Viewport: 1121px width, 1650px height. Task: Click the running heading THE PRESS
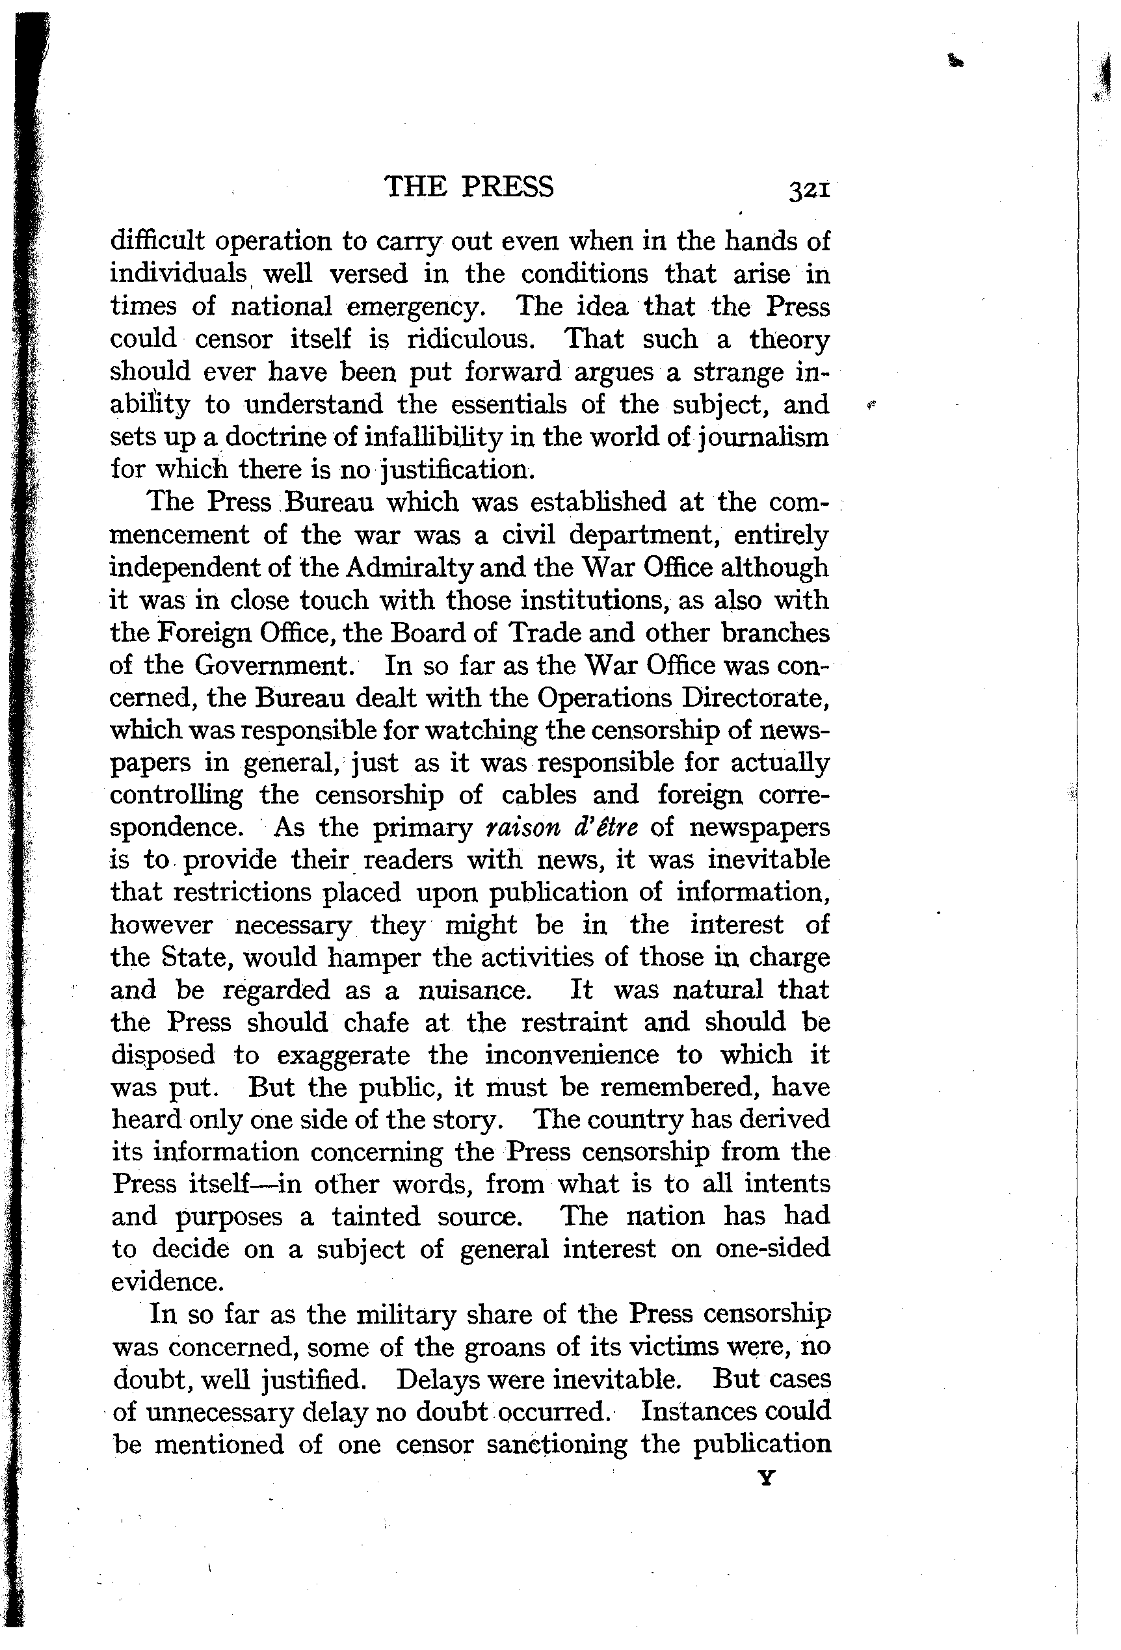(x=469, y=187)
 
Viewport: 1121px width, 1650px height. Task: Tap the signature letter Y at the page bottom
(x=766, y=1478)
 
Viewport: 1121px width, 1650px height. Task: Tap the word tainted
(x=376, y=1218)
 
